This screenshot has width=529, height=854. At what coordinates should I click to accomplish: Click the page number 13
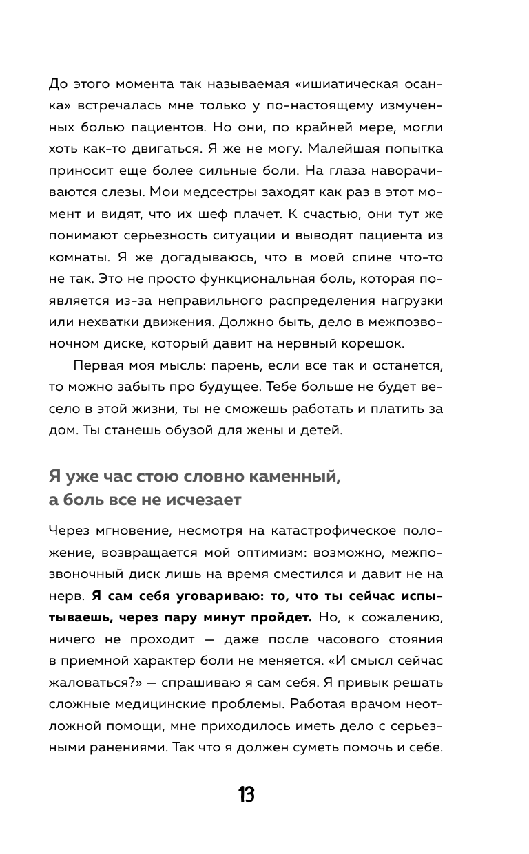tap(247, 796)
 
